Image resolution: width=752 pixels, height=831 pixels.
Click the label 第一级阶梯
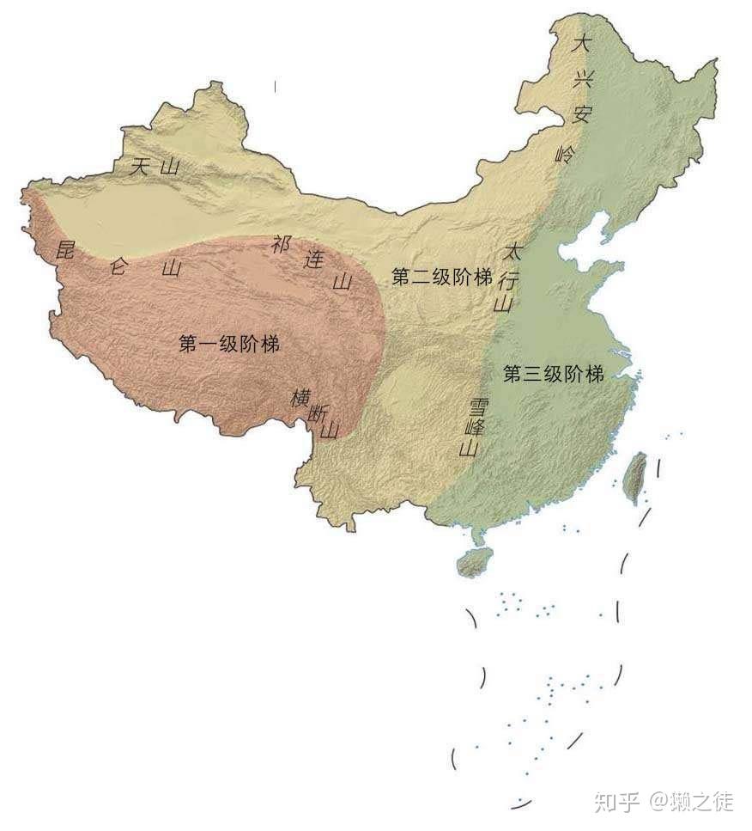coord(229,344)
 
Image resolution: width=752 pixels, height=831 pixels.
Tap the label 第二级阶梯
coord(442,277)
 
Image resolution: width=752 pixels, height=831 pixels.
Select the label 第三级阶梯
coord(554,374)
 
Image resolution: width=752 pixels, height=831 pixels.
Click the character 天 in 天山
coord(140,167)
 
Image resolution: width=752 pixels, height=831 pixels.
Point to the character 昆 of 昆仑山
coord(63,250)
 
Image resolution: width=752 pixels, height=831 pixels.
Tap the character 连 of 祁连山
coord(312,262)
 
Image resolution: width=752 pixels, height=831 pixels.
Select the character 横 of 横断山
coord(300,398)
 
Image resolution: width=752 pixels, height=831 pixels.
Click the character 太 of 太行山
coord(512,252)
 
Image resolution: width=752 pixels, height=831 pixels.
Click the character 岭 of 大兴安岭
coord(565,155)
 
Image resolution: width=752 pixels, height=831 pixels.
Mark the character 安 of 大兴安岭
coord(582,115)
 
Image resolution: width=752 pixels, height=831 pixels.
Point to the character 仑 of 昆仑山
coord(118,266)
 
